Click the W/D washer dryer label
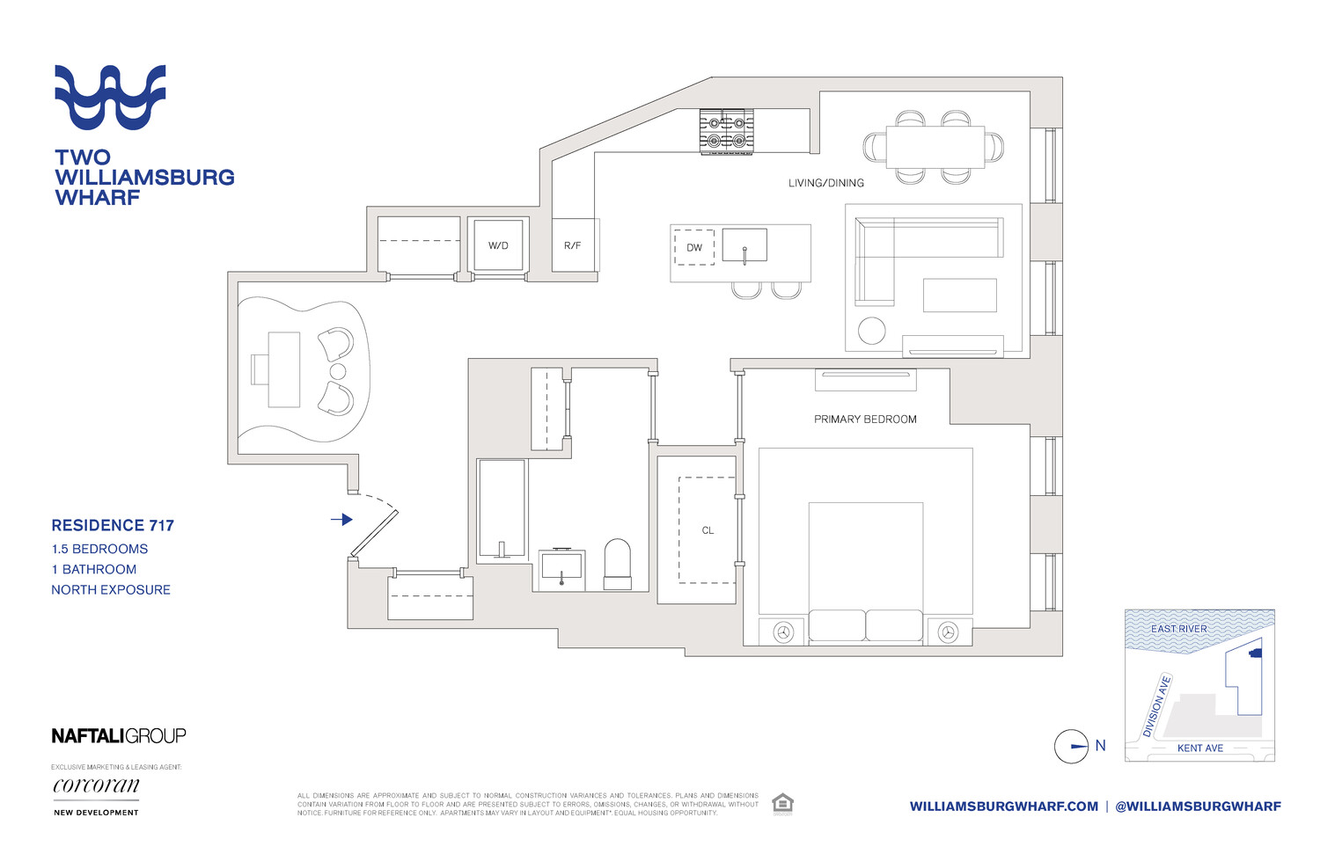point(498,245)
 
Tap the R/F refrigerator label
point(572,245)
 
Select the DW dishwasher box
point(694,247)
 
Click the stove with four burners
point(726,131)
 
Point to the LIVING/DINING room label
point(825,183)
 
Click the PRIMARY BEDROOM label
point(865,420)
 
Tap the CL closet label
point(708,530)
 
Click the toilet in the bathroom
point(618,564)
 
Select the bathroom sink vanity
point(561,569)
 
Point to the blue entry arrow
point(341,520)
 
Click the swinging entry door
point(374,533)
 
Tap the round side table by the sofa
point(871,330)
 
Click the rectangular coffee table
point(959,296)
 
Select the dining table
point(935,147)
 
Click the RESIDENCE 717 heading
point(113,525)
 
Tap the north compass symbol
point(1072,747)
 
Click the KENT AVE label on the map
point(1200,748)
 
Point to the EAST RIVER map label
point(1178,629)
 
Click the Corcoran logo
point(96,785)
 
